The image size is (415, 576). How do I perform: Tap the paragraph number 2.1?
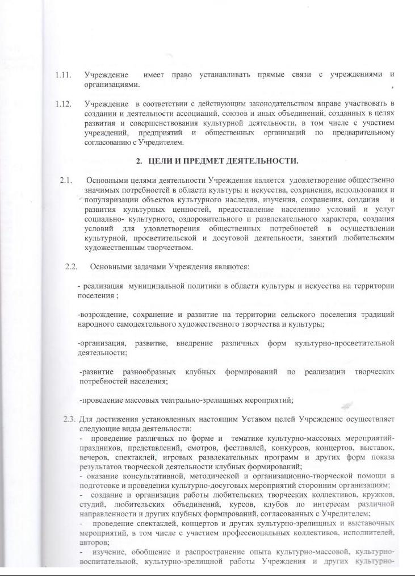[65, 181]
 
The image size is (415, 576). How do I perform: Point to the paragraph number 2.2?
[71, 266]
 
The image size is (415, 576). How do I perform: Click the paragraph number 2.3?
[69, 419]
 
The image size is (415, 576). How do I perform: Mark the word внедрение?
[196, 344]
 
